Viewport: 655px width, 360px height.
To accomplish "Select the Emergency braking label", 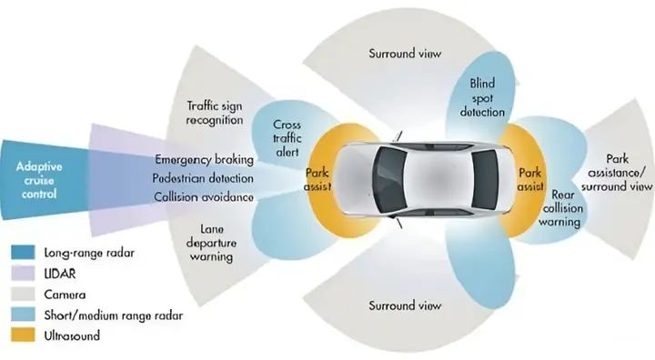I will coord(204,158).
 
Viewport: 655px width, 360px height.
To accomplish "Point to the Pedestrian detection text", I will coord(204,177).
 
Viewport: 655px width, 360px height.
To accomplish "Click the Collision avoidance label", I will coord(204,197).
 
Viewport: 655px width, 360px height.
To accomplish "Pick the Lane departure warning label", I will coord(208,243).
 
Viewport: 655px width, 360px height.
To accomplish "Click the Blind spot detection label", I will coord(481,98).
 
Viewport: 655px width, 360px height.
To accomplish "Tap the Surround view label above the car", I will coord(405,54).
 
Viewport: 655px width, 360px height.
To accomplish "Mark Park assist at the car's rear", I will coord(529,178).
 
